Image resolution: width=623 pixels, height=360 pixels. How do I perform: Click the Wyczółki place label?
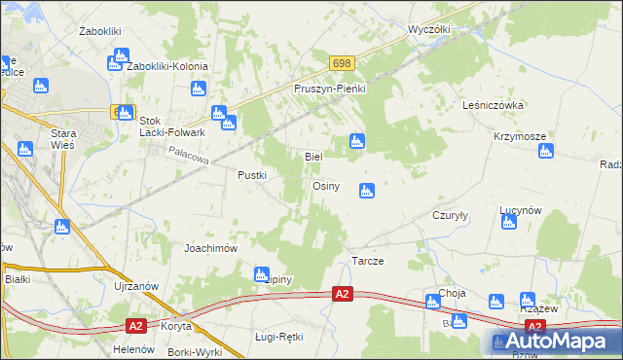[x=429, y=30]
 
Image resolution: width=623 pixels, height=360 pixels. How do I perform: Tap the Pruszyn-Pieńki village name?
[x=329, y=89]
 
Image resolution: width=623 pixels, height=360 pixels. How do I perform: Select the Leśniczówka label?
[x=495, y=105]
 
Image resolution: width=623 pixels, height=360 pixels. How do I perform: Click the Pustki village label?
[x=253, y=175]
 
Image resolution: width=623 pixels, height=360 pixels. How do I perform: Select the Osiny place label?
[x=325, y=186]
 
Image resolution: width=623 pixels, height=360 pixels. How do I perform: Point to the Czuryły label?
[x=452, y=217]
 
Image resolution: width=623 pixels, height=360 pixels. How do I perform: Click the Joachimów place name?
[x=211, y=248]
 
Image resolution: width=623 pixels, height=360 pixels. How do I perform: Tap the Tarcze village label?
[x=367, y=263]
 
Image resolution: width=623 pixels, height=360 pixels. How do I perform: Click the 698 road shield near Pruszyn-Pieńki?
[x=341, y=63]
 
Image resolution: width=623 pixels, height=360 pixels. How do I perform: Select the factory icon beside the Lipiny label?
[x=261, y=275]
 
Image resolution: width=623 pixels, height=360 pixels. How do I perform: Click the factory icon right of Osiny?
[x=367, y=191]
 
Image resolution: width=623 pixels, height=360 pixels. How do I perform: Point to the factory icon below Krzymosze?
[x=546, y=151]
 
